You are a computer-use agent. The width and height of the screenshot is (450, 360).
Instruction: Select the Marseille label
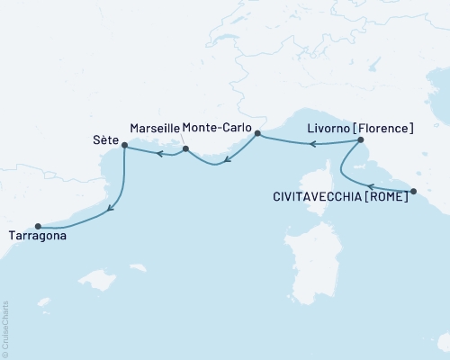154,129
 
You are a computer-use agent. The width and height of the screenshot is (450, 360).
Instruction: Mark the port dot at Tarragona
38,226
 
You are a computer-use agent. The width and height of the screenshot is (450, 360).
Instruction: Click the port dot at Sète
124,145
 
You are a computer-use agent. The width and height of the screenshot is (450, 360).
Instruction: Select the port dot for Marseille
185,149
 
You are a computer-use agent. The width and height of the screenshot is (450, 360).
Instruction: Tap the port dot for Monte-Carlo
257,134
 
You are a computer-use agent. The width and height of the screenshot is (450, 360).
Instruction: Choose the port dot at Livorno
360,140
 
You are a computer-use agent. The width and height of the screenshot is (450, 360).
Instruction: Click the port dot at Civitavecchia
413,191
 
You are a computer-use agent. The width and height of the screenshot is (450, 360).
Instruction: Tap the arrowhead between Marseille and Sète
158,154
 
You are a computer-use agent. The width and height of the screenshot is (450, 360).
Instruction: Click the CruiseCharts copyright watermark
5,328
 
